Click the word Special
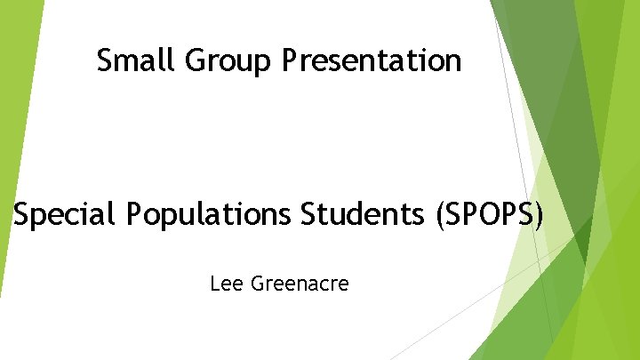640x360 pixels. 64,215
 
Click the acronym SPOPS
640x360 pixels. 486,214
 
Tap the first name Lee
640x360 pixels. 224,284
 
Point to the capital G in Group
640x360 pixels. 196,60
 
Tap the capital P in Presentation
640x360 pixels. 290,60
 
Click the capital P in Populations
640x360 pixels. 134,214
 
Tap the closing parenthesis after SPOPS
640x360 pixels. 537,215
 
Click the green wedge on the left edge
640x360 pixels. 15,133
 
